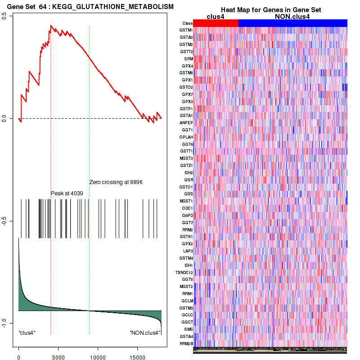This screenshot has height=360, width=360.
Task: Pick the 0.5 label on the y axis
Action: point(4,15)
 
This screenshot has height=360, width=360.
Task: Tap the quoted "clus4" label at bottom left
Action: point(27,333)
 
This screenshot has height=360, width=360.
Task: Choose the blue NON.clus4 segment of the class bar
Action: point(292,23)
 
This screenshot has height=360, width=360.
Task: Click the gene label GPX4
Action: point(187,66)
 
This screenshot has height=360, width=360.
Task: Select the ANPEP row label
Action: point(186,122)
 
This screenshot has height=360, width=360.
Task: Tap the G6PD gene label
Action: point(187,215)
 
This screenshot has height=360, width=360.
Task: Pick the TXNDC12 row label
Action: point(184,272)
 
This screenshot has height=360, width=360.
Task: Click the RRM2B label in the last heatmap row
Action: point(186,343)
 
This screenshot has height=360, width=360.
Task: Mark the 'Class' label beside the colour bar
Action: point(188,23)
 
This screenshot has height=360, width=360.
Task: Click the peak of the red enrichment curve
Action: point(50,26)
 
